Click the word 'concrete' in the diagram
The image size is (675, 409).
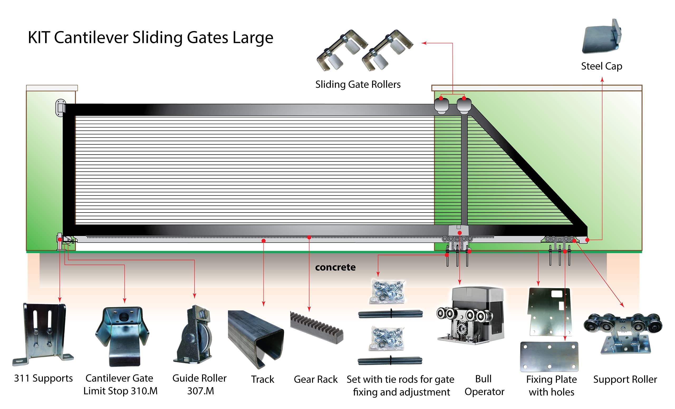point(335,267)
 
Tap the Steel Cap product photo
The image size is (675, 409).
point(602,37)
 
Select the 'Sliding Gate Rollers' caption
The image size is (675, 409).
point(358,84)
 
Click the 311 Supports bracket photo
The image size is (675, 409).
point(43,334)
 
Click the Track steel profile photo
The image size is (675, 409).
point(255,338)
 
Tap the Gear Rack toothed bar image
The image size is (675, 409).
point(316,327)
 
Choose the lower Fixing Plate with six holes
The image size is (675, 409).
point(549,356)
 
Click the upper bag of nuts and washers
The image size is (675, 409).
point(387,292)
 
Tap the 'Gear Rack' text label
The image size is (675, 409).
point(316,379)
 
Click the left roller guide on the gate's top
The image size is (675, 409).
point(441,106)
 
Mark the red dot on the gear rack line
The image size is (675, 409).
point(309,238)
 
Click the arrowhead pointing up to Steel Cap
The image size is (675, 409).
point(602,80)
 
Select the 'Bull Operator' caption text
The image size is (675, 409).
point(484,385)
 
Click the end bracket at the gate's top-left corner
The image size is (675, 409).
point(61,108)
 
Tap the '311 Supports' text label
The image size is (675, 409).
point(43,378)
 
